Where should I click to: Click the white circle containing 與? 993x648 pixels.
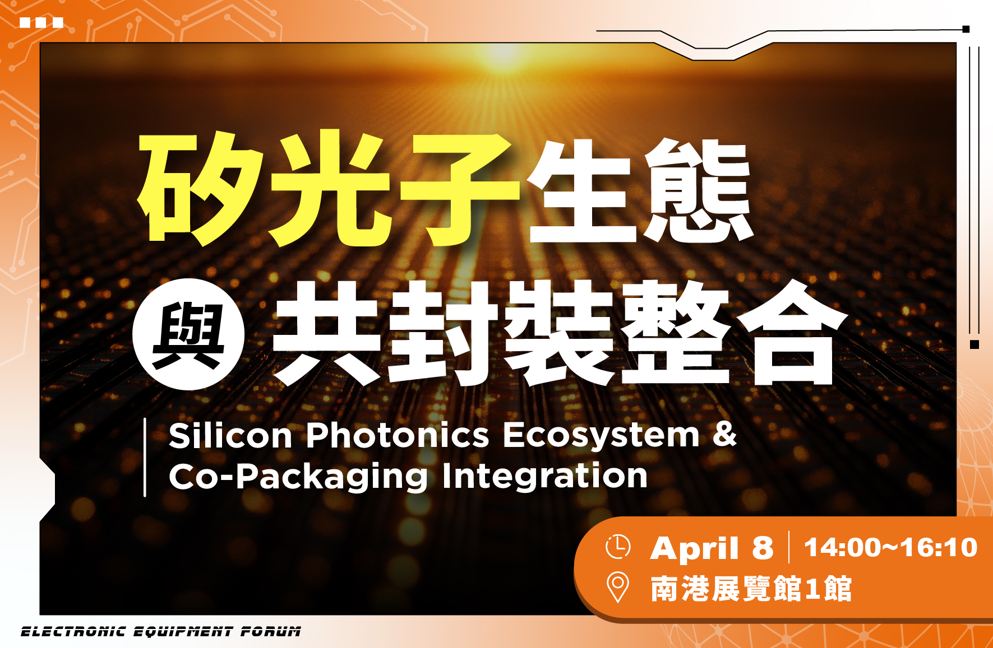188,334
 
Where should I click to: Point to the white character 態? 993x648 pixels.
698,190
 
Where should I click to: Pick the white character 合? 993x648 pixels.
791,334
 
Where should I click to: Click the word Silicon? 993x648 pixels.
230,435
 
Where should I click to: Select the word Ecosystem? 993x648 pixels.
602,436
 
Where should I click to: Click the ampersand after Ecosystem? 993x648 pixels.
725,434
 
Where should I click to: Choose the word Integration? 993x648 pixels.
544,476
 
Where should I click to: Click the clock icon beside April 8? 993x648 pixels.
618,547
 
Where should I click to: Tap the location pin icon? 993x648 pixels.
617,587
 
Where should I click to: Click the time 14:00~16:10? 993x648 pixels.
891,547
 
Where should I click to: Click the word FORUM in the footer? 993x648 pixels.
271,632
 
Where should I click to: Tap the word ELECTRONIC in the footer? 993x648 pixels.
73,632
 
